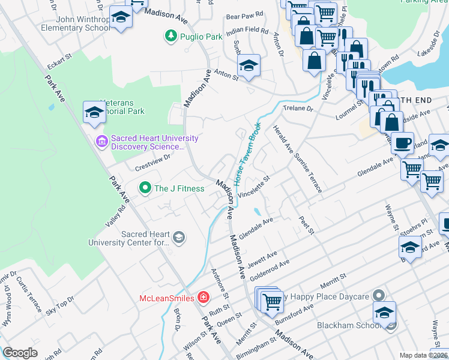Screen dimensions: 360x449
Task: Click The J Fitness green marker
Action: tap(145, 188)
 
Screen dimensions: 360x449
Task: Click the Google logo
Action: tap(20, 352)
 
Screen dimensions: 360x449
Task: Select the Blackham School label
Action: tap(350, 326)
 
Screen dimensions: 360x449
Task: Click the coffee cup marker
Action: tap(402, 143)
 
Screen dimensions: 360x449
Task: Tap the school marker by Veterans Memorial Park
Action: tap(94, 112)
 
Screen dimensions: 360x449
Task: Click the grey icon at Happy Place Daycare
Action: tap(378, 296)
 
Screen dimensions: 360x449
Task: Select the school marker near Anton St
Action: tap(249, 65)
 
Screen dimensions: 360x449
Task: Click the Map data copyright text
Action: tap(423, 355)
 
